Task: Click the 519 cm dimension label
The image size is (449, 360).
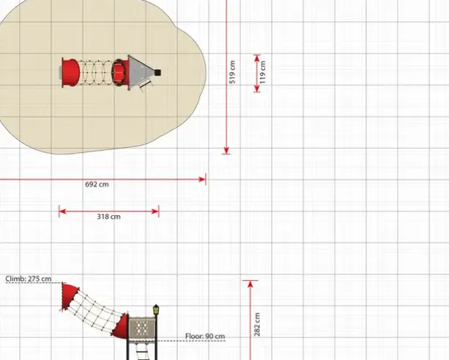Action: [232, 72]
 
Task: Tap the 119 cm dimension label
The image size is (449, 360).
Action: [263, 72]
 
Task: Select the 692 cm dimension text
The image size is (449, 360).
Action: [97, 184]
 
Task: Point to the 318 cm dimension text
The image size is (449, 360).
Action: [109, 217]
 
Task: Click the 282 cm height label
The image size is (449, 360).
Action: [257, 325]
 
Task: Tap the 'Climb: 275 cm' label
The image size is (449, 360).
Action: [29, 279]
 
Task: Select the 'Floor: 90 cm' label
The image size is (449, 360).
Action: [205, 337]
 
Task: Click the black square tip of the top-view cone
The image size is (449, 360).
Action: [157, 72]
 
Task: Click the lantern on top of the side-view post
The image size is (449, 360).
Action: [156, 310]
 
